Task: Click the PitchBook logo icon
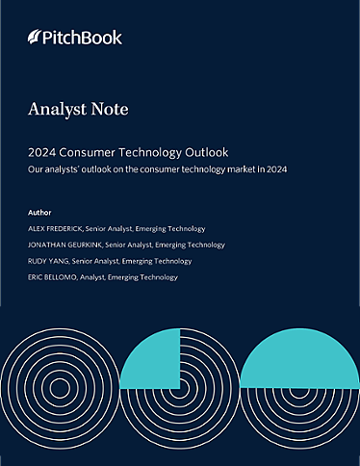point(35,38)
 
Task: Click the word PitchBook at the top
point(83,38)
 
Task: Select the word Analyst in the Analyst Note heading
point(61,110)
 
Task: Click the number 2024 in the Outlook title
point(44,152)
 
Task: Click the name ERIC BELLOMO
point(54,277)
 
